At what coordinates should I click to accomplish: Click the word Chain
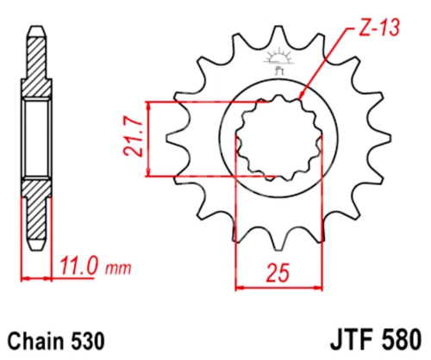pos(35,340)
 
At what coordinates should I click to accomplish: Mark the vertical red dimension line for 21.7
pos(151,140)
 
